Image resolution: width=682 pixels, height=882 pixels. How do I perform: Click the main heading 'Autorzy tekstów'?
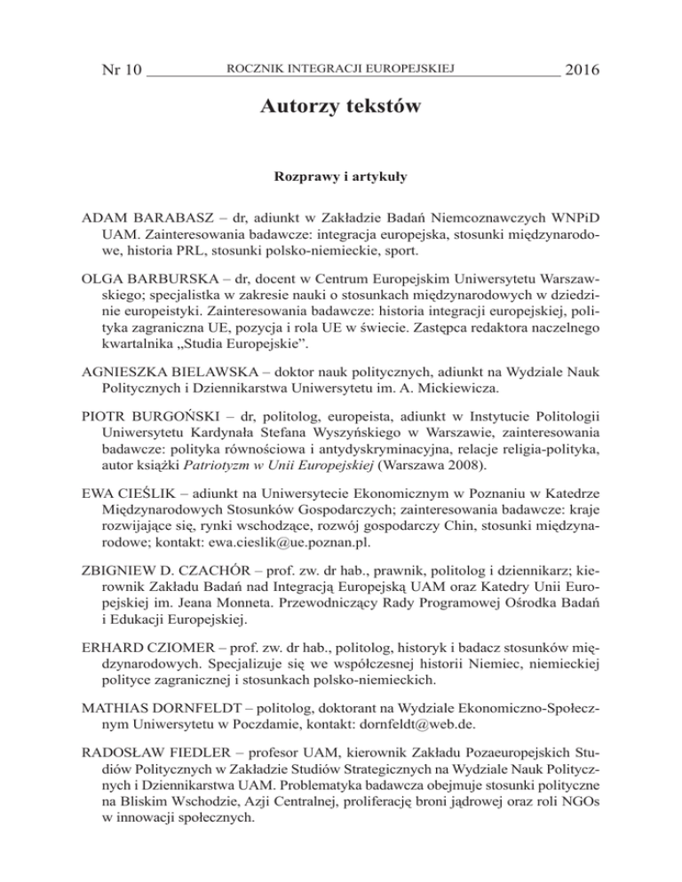340,108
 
